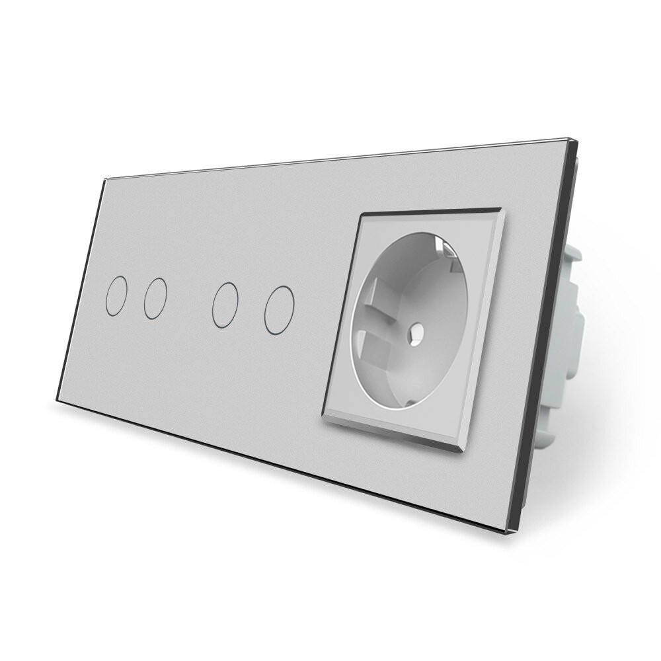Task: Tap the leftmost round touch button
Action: tap(116, 299)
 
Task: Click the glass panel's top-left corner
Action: tap(106, 178)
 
